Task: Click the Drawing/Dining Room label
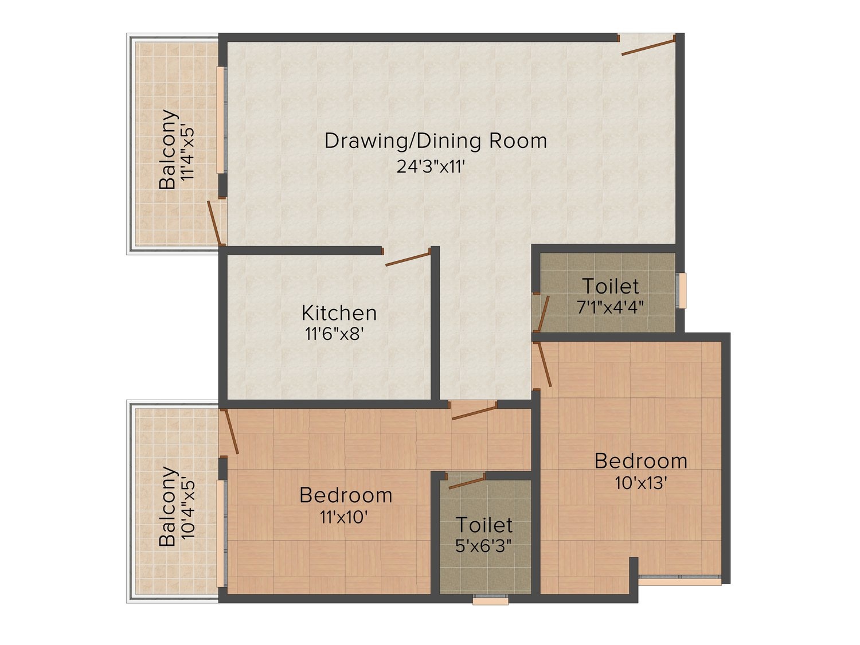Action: pos(435,142)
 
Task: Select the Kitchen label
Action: pos(339,313)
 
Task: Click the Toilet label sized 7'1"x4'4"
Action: pos(611,286)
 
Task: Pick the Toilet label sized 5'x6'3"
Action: pos(484,525)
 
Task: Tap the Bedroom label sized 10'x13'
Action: pos(641,462)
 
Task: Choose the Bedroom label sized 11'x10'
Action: pos(346,495)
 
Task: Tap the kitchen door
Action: pos(408,259)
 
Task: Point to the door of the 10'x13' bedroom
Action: pos(544,364)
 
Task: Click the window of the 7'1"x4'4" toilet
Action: pos(682,291)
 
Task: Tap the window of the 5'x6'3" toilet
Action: pos(490,600)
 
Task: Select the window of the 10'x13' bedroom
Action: pos(680,580)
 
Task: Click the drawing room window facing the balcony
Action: pos(222,120)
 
